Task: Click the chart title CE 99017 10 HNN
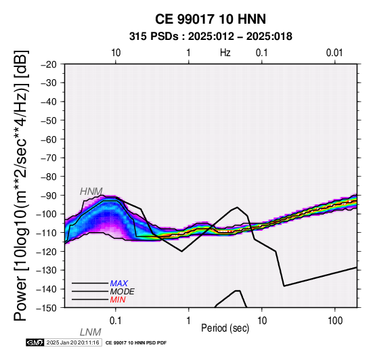tap(211, 19)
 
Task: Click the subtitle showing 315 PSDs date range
tap(211, 37)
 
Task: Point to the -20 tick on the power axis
tap(49, 64)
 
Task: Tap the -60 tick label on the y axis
tap(49, 139)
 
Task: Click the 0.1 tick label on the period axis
tap(116, 321)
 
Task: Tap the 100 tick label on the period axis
tap(335, 321)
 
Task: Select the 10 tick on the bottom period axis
tap(262, 321)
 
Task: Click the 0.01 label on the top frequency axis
tap(334, 53)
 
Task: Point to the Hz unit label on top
tap(225, 53)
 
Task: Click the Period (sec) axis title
tap(225, 328)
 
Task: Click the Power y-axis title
tap(20, 185)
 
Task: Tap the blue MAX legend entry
tap(119, 284)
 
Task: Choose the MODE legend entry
tap(123, 292)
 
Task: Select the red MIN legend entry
tap(118, 300)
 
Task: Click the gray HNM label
tap(91, 192)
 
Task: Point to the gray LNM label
tap(91, 332)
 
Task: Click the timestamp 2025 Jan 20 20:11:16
tap(72, 342)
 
